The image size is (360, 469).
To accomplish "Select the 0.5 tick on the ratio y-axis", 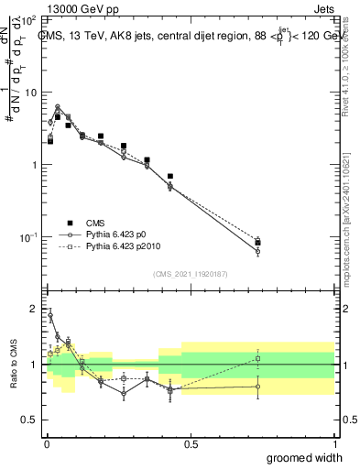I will pyautogui.click(x=30, y=420).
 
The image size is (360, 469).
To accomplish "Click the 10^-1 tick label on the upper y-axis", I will pyautogui.click(x=27, y=237).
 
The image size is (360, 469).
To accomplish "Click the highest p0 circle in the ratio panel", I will pyautogui.click(x=50, y=316).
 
